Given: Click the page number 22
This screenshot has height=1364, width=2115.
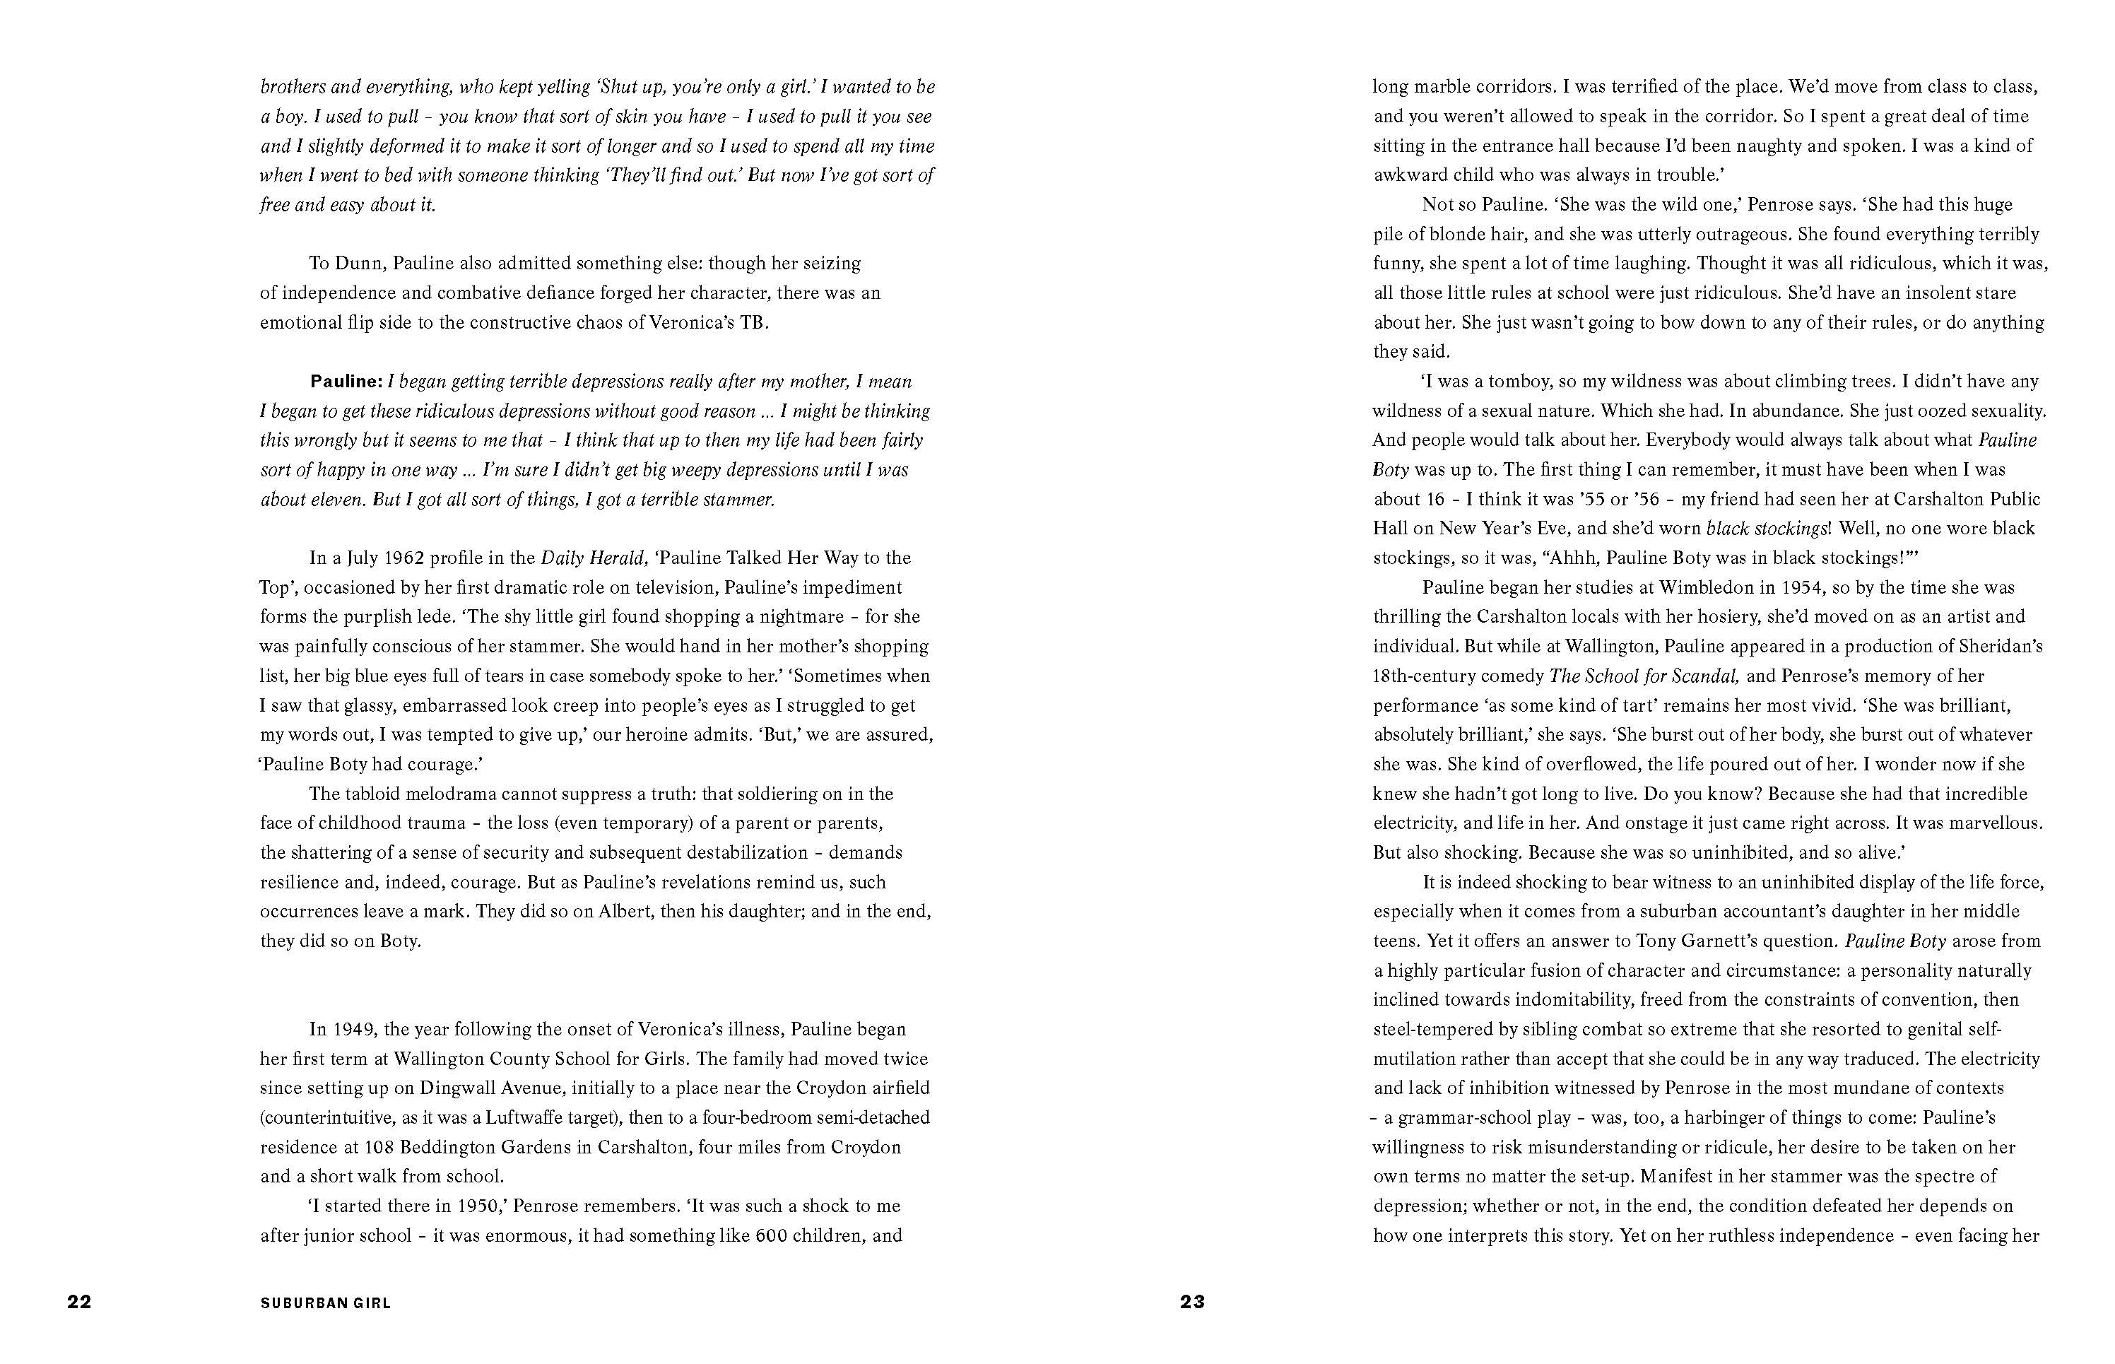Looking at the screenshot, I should (x=79, y=1301).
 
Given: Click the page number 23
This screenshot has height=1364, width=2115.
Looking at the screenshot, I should (x=1192, y=1301).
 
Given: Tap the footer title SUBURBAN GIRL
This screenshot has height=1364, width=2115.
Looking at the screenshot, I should (x=325, y=1303).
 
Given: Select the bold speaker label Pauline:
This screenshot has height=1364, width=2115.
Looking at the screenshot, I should (x=346, y=382).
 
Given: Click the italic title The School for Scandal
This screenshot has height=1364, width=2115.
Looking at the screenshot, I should (x=1644, y=676).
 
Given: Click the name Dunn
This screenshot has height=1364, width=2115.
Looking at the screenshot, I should (x=359, y=263).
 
